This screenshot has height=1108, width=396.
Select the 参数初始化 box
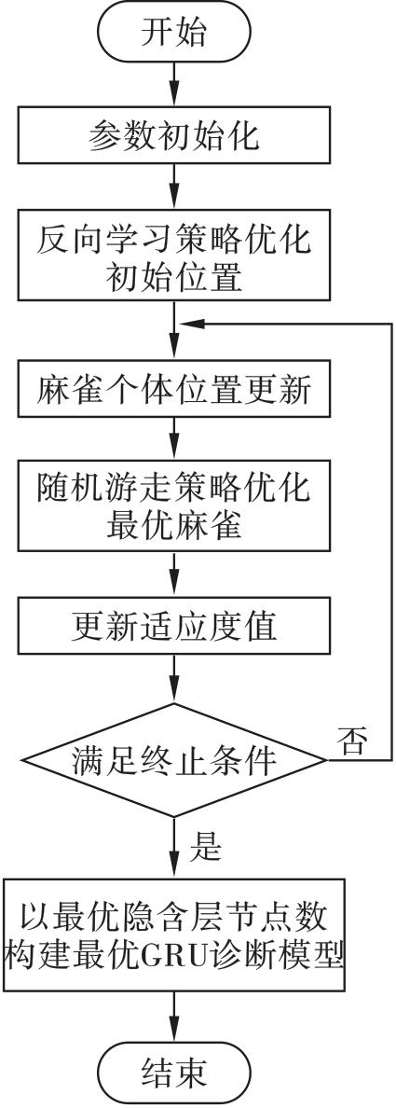[173, 135]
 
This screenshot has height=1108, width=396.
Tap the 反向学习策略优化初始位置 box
[173, 256]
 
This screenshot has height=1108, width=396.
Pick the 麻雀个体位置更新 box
[173, 389]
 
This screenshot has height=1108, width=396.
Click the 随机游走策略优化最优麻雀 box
[173, 506]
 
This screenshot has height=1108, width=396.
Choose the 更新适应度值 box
[173, 626]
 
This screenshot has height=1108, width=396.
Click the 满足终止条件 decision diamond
[173, 760]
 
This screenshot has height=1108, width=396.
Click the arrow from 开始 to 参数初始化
[173, 85]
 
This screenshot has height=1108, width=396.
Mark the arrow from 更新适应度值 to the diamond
[173, 678]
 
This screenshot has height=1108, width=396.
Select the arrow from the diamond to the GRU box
[173, 848]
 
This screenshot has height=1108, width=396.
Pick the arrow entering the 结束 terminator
[173, 1018]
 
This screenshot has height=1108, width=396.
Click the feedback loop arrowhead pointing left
[191, 324]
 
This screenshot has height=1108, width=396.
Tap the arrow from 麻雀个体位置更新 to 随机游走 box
[173, 438]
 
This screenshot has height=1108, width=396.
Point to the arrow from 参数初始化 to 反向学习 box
[173, 186]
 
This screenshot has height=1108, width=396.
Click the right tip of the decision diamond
[328, 760]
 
